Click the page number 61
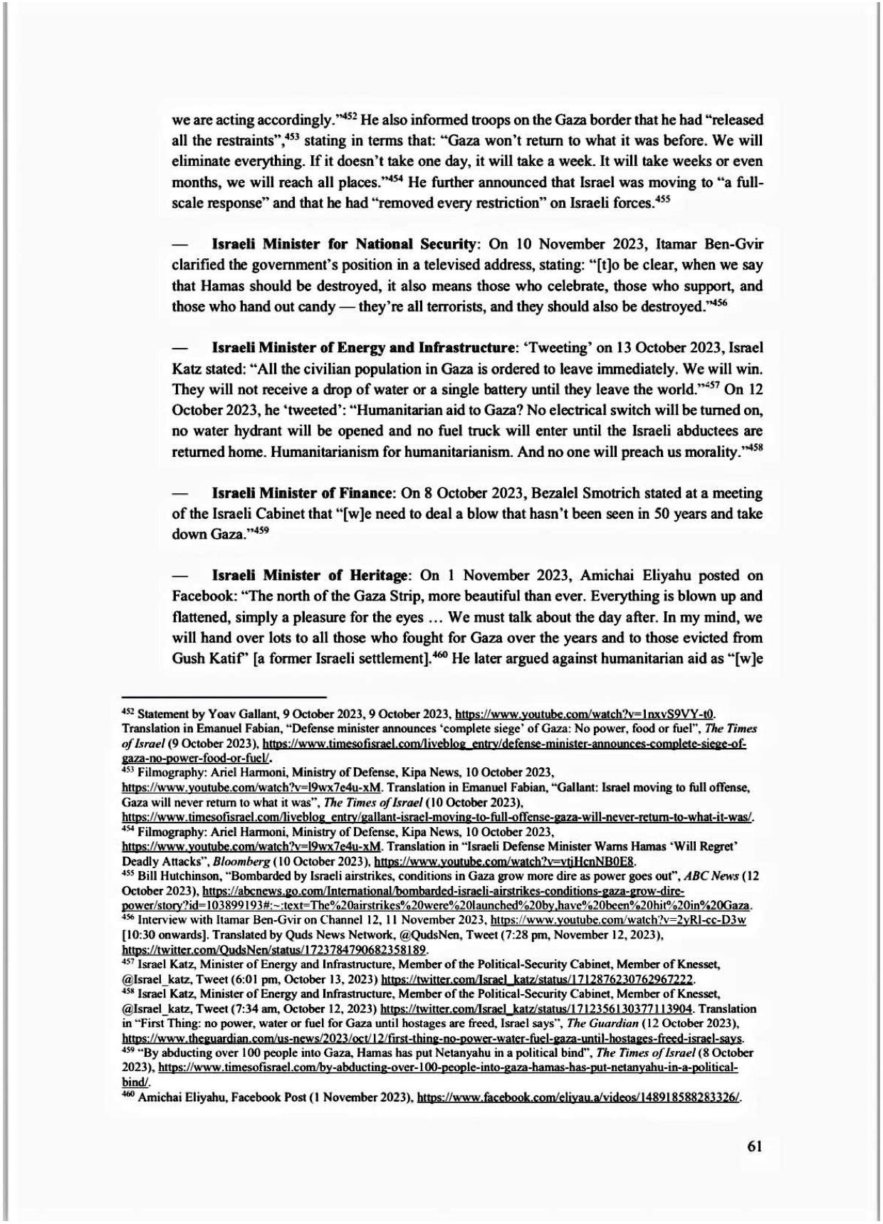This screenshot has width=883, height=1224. click(755, 1146)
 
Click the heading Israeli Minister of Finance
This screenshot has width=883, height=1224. click(303, 493)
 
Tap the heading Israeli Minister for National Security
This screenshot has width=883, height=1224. click(344, 244)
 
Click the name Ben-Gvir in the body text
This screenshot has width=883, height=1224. click(733, 244)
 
